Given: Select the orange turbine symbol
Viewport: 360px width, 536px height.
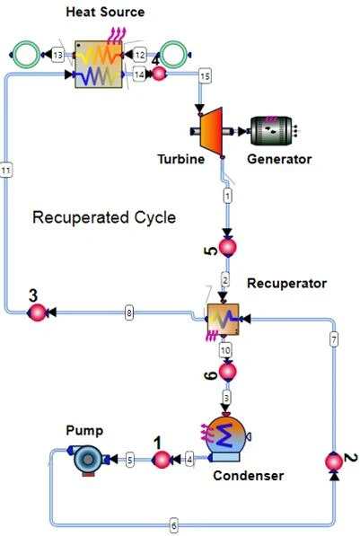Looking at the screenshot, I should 209,131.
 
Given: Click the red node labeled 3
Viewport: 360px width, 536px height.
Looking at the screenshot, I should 37,312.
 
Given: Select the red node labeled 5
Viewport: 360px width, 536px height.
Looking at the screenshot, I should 227,246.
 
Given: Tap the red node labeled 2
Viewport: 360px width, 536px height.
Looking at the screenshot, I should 333,462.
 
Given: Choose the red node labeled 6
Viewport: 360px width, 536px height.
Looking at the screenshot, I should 227,370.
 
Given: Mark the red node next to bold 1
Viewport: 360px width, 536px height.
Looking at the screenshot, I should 161,460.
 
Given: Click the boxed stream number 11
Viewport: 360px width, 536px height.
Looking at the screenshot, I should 7,168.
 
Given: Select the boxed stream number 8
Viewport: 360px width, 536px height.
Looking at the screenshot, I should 130,312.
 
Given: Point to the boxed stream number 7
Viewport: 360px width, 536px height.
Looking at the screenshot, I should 333,339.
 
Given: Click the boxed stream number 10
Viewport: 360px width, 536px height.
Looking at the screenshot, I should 225,349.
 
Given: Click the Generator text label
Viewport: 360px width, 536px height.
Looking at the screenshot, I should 279,159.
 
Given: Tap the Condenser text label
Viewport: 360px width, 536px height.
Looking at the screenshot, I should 248,475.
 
